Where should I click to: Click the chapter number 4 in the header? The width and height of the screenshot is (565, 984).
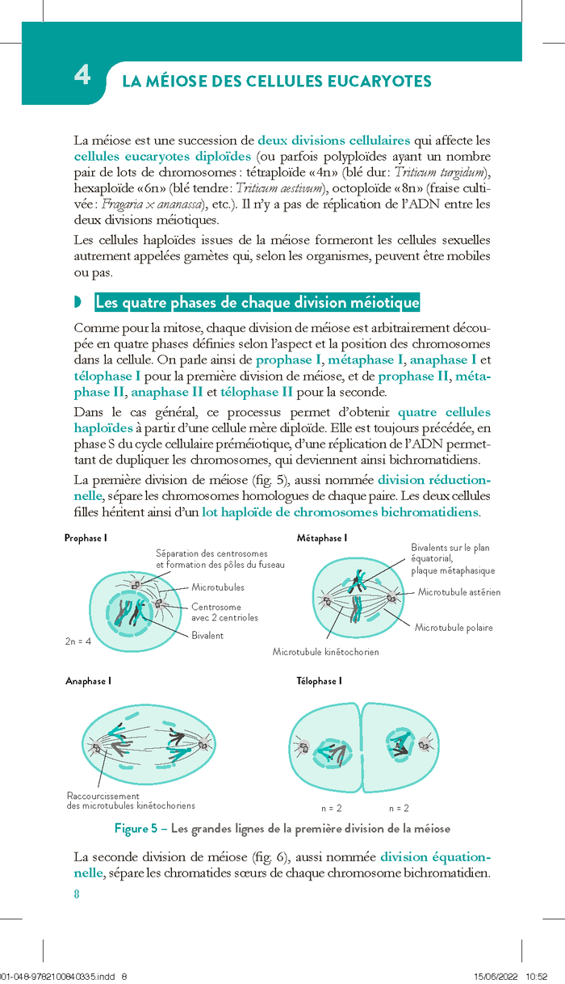[82, 75]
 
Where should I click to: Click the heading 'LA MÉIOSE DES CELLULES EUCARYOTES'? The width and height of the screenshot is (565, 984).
[276, 82]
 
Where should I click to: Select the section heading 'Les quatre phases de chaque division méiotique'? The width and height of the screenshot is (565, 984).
[257, 303]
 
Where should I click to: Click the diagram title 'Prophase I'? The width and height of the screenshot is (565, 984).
[86, 538]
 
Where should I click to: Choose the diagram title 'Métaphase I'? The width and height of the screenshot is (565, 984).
[321, 538]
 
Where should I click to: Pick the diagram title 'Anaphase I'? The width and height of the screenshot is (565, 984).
[87, 681]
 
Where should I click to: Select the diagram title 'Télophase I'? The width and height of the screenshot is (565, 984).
[319, 681]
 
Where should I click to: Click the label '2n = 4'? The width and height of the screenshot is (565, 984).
[78, 641]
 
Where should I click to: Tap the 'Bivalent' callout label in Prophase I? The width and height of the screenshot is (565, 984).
[207, 636]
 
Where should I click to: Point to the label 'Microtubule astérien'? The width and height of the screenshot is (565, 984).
[458, 592]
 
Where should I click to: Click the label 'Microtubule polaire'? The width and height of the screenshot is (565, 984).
[453, 627]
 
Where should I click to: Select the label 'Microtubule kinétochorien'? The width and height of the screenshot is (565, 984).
[325, 651]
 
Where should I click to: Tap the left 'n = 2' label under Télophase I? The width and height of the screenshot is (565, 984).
[332, 808]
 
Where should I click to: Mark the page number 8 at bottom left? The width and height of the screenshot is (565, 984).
[77, 894]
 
